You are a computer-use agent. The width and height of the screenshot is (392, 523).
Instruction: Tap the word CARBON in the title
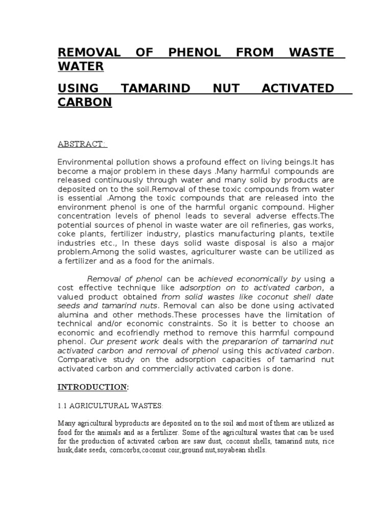pyautogui.click(x=85, y=102)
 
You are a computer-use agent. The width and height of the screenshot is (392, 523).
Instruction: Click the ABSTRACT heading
pyautogui.click(x=82, y=145)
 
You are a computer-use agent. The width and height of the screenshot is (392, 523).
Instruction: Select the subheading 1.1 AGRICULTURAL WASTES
pyautogui.click(x=110, y=406)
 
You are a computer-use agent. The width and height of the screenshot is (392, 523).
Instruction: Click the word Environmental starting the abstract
pyautogui.click(x=86, y=162)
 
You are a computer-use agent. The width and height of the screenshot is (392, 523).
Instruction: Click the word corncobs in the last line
pyautogui.click(x=124, y=451)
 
